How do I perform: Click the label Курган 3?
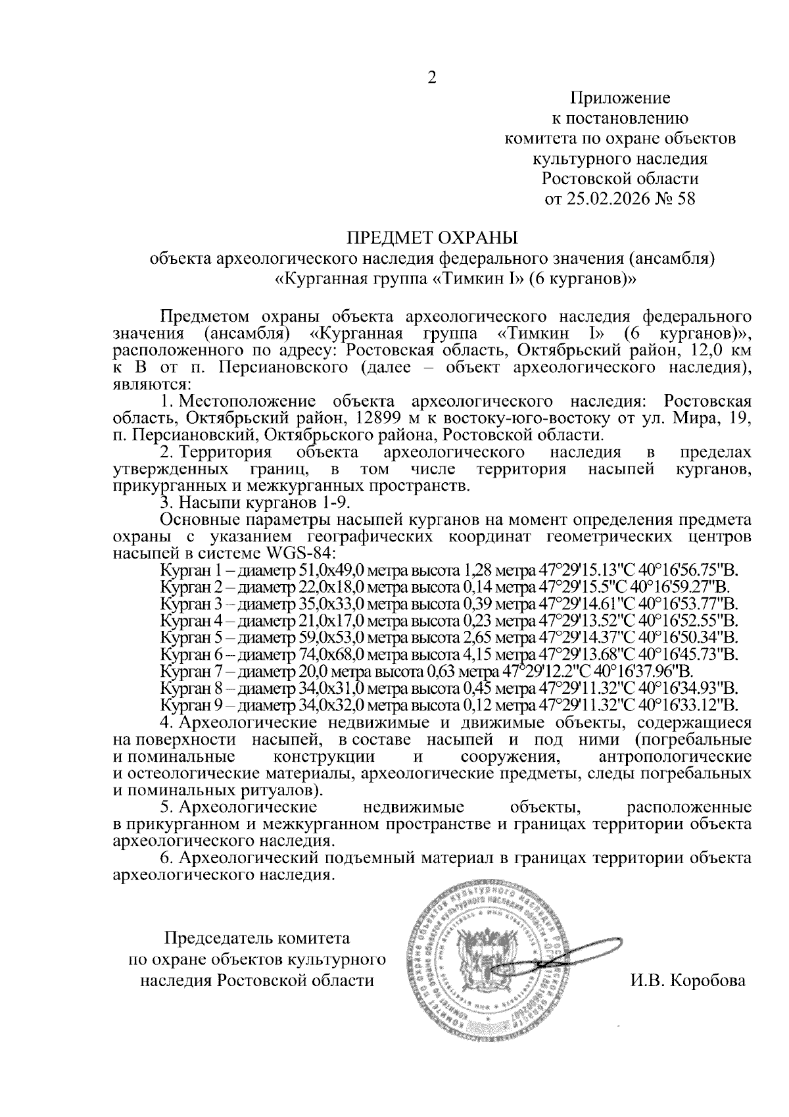[x=185, y=603]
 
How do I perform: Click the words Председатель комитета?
[x=257, y=937]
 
